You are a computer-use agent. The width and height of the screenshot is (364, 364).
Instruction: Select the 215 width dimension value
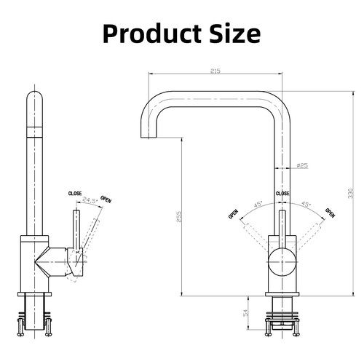pos(216,71)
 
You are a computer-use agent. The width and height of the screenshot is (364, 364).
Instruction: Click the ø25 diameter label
pos(302,166)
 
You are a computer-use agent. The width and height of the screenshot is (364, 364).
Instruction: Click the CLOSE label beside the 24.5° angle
pos(75,193)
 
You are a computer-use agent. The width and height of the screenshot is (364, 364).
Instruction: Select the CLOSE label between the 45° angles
pos(282,193)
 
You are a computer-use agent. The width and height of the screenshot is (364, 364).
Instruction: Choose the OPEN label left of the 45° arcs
pos(234,215)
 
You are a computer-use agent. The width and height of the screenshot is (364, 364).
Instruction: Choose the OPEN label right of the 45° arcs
pos(331,213)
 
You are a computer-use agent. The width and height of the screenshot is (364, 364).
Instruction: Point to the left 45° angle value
pos(257,204)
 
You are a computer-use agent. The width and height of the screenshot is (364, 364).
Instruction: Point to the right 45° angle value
pos(306,204)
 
